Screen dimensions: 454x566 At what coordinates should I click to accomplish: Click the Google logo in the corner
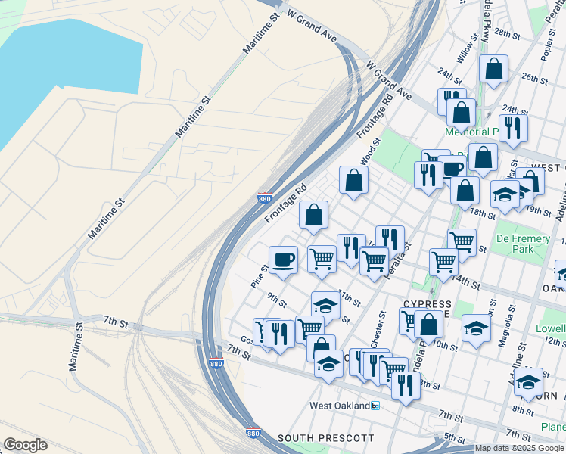point(25,445)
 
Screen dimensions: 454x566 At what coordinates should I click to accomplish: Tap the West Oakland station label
point(340,406)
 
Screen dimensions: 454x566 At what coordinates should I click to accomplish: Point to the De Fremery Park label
point(523,244)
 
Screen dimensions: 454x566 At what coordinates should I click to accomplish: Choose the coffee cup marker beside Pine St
point(283,260)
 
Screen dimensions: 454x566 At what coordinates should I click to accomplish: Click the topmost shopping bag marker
point(493,69)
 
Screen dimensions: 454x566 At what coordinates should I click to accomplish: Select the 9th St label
point(277,300)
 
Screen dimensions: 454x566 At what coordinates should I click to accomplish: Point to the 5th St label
point(455,437)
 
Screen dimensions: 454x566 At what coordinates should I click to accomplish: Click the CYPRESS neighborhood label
point(428,303)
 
